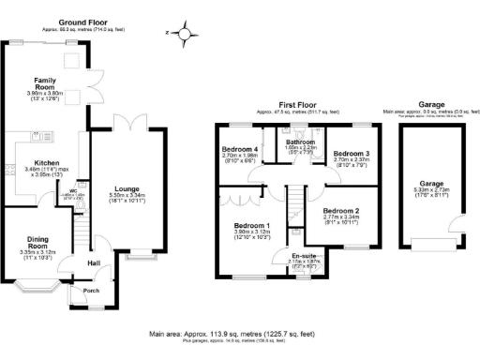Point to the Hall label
95,263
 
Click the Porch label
92,291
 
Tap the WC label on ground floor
73,190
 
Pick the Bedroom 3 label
353,152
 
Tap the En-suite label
304,255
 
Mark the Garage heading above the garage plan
431,106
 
